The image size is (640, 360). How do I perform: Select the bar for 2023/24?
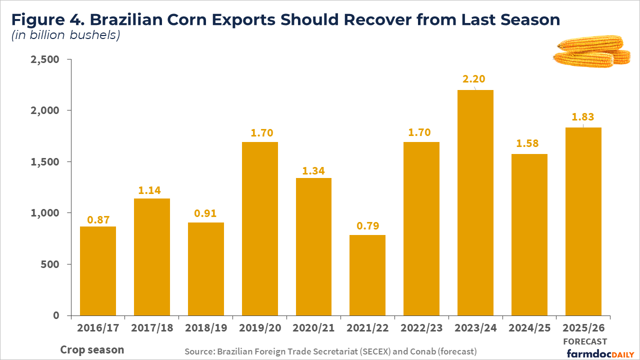[x=475, y=202]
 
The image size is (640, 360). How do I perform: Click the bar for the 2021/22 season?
[x=367, y=275]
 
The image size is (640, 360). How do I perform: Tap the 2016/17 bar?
[x=98, y=270]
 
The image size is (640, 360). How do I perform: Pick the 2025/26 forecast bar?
[x=583, y=221]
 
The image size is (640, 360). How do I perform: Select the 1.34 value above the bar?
[x=313, y=171]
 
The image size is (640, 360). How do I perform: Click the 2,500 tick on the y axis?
[x=45, y=59]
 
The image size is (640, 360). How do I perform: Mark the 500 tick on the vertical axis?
[x=51, y=264]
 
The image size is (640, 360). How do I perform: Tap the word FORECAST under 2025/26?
[x=585, y=341]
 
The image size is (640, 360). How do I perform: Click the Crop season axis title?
[x=92, y=349]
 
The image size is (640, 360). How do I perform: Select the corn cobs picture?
[x=591, y=51]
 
